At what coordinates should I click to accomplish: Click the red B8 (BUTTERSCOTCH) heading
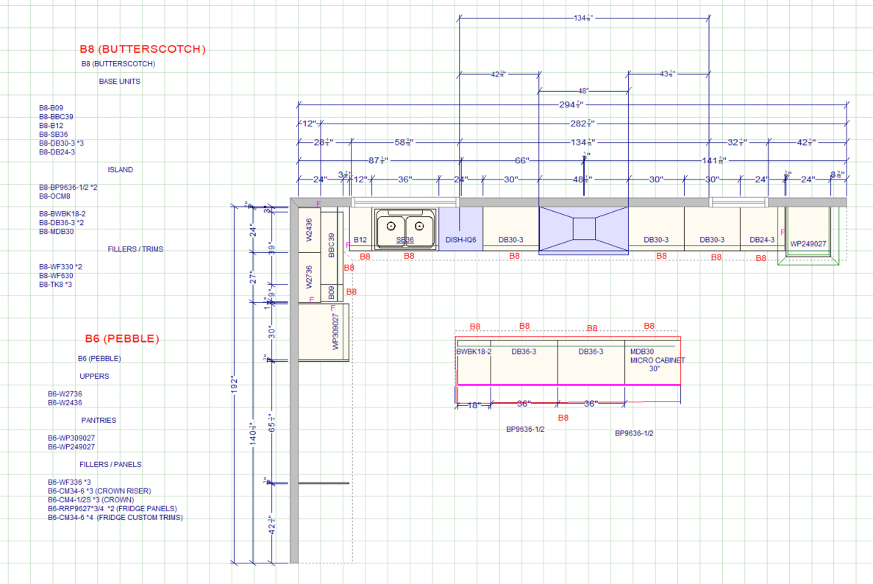click(143, 49)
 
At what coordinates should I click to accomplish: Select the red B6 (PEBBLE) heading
click(121, 339)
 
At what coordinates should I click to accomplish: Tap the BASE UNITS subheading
click(119, 82)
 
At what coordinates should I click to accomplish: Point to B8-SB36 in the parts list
click(53, 135)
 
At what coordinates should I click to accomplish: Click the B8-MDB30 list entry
click(57, 232)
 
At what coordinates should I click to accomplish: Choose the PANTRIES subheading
click(99, 421)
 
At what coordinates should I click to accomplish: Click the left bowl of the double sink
click(392, 226)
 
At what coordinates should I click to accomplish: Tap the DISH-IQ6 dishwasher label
click(461, 240)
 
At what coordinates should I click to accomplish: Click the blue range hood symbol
click(584, 229)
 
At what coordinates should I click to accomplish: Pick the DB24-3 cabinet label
click(762, 240)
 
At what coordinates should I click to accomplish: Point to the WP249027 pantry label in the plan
click(808, 243)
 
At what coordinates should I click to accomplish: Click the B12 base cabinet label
click(360, 240)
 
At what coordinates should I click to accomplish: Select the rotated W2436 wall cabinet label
click(310, 230)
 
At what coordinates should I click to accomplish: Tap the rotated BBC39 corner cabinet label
click(332, 244)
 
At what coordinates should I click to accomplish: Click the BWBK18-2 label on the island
click(474, 352)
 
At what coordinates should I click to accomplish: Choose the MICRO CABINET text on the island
click(657, 360)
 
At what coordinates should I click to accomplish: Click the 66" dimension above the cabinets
click(521, 160)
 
